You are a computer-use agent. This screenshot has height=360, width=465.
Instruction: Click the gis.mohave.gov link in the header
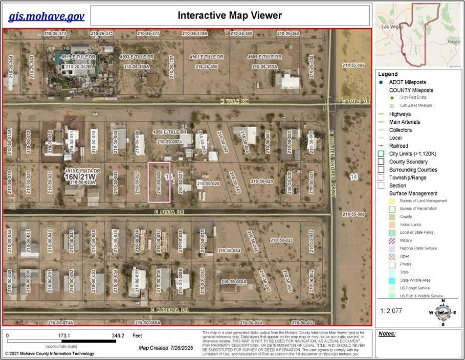[x=46, y=16]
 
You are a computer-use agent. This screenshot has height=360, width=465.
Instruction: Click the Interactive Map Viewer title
[x=230, y=15]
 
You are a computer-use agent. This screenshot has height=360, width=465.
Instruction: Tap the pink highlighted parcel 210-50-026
[x=159, y=182]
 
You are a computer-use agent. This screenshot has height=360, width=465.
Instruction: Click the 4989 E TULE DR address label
[x=264, y=57]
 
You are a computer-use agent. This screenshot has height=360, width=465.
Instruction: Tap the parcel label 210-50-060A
[x=234, y=282]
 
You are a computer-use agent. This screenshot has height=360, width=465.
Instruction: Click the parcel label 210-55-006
[x=353, y=65]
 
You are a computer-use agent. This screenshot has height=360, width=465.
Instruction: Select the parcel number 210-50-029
[x=262, y=181]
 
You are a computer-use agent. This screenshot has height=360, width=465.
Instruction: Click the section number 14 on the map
[x=354, y=177]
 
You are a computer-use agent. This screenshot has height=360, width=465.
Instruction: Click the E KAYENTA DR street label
[x=169, y=310]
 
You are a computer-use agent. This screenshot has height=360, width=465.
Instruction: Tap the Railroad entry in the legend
[x=399, y=146]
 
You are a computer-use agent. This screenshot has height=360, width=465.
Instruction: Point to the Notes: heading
[x=387, y=334]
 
